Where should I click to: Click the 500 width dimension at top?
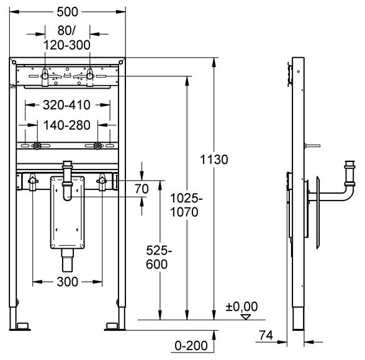67,12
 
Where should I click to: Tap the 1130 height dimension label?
214,160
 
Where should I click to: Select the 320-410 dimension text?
66,105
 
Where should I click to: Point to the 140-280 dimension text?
67,125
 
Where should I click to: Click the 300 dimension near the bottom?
67,282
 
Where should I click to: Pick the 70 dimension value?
142,189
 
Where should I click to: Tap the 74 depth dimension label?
266,335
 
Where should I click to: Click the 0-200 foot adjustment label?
191,346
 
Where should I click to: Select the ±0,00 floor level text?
241,307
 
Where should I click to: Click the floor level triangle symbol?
246,317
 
